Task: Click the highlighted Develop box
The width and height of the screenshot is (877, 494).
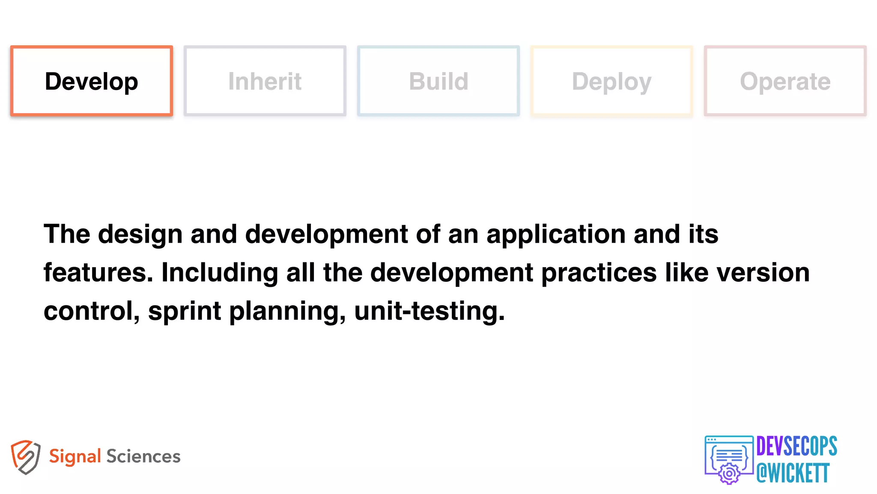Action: (x=92, y=81)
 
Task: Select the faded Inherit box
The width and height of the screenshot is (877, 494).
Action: (x=265, y=81)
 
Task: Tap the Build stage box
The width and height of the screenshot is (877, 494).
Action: (x=438, y=81)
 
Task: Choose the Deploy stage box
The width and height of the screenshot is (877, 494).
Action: (x=612, y=81)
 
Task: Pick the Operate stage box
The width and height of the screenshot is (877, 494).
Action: (x=785, y=81)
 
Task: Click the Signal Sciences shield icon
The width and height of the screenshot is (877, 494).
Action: (x=26, y=457)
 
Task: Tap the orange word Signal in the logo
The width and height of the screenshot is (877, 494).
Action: (x=75, y=456)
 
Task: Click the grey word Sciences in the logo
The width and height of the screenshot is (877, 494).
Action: (x=143, y=456)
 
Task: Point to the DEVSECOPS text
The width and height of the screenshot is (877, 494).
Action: (x=796, y=446)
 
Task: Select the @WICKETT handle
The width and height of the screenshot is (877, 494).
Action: (x=793, y=473)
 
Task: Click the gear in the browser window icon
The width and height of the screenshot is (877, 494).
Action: (x=729, y=474)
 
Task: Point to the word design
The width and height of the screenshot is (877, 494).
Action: (x=140, y=235)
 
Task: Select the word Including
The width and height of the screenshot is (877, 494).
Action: (x=220, y=273)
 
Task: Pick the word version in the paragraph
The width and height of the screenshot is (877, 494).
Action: (x=763, y=273)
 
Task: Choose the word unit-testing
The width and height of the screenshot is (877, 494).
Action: (x=430, y=311)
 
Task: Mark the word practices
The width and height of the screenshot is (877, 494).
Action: (x=599, y=273)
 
